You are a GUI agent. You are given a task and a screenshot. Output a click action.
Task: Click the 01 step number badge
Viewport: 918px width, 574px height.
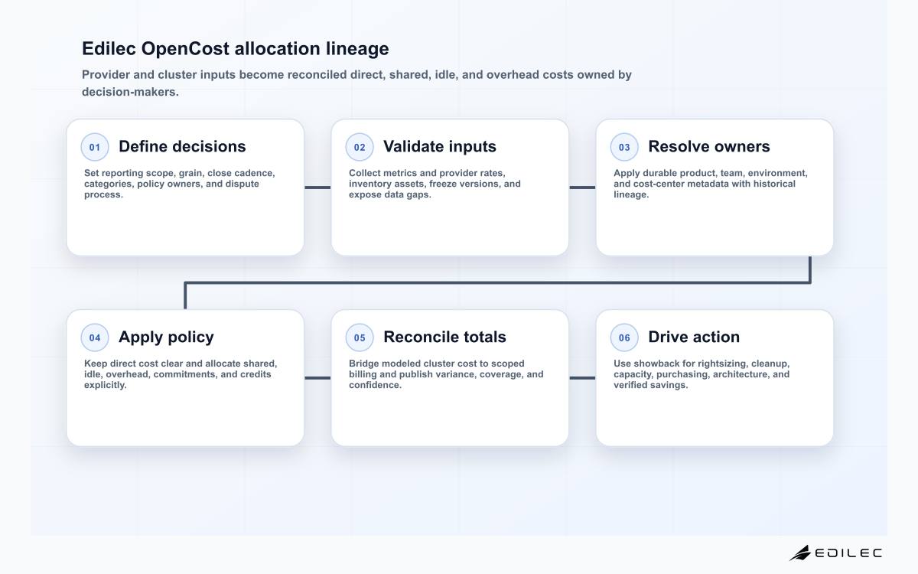(95, 147)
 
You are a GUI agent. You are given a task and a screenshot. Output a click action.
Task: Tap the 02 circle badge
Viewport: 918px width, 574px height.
(360, 147)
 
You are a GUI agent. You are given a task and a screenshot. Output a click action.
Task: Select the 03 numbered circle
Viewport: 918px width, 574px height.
(624, 147)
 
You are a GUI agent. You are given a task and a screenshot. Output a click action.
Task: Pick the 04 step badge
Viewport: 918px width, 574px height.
(95, 338)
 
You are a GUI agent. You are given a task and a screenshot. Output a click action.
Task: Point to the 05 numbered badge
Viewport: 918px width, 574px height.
(360, 338)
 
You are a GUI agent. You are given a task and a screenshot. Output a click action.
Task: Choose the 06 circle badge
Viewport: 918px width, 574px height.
(624, 338)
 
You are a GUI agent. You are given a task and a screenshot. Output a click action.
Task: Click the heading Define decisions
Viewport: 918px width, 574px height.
(182, 146)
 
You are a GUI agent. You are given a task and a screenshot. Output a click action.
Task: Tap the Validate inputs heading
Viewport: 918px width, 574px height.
(440, 146)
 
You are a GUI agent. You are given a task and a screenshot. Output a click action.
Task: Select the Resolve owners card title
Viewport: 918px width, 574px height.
(709, 146)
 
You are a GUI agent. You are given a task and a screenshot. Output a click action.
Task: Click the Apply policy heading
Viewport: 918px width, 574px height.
(166, 338)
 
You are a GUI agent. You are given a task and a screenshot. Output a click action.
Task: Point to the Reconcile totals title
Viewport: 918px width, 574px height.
(444, 337)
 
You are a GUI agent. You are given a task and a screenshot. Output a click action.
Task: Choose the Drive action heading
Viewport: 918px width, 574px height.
(694, 337)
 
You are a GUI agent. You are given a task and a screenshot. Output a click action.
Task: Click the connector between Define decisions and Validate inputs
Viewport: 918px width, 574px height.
(317, 188)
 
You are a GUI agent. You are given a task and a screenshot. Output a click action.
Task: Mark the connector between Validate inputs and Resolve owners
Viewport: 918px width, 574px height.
(582, 188)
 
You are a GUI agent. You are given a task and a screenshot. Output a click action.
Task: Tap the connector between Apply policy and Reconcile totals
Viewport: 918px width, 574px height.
(317, 378)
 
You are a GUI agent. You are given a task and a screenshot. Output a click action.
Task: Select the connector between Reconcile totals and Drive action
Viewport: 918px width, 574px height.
(582, 378)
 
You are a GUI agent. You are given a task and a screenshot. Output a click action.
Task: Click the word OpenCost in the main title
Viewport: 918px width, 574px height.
(185, 49)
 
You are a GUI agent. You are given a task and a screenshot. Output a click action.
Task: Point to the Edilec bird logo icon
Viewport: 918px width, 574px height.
(800, 553)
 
